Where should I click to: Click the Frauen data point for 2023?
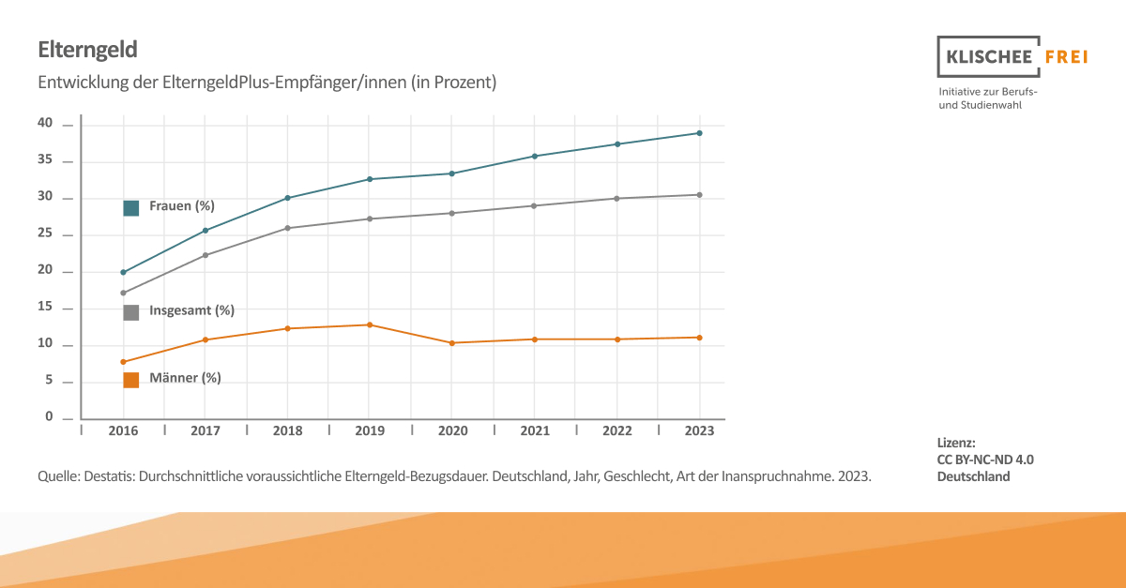(x=699, y=133)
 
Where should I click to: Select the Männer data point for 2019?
(x=370, y=324)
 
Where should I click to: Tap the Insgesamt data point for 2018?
(x=287, y=228)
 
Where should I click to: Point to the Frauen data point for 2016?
(x=123, y=272)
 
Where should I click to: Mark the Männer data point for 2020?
(x=451, y=343)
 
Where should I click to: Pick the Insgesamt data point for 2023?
(x=699, y=195)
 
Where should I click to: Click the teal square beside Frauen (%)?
(x=130, y=208)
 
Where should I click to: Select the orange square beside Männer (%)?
(x=130, y=380)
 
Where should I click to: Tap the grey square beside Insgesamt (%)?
(x=130, y=312)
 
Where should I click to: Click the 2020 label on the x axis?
(x=451, y=431)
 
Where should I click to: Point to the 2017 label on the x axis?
(x=205, y=431)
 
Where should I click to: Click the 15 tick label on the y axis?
(x=45, y=308)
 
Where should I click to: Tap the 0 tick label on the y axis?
(x=50, y=417)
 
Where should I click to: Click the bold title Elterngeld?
(x=88, y=49)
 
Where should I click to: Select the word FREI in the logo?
(x=1066, y=57)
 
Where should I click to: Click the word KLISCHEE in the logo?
(x=987, y=57)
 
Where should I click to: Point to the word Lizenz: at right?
(x=956, y=442)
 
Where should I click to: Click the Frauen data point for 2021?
(x=534, y=156)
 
